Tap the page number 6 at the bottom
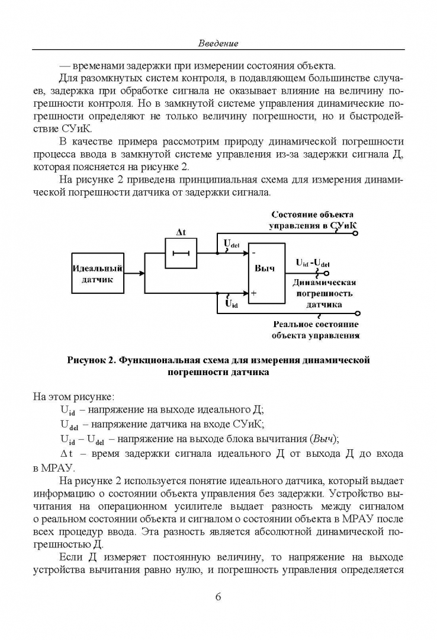(x=218, y=596)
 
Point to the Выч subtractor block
(x=266, y=273)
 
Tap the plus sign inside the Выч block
(x=253, y=293)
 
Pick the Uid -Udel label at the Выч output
(x=313, y=263)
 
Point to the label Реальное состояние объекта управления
(x=316, y=329)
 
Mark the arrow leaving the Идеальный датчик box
(x=137, y=274)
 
